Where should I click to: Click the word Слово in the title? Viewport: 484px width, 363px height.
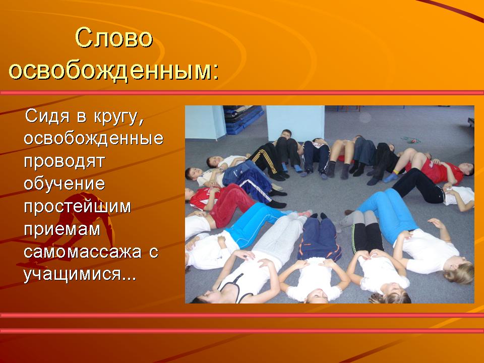coord(113,38)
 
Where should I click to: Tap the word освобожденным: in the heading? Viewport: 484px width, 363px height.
coord(113,71)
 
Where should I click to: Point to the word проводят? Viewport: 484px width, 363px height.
coord(64,162)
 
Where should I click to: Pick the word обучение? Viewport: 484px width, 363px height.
coord(64,184)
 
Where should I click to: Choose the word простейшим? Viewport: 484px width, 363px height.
coord(78,207)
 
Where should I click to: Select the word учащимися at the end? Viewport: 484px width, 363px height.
coord(73,274)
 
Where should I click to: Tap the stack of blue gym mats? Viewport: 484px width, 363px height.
coord(243,119)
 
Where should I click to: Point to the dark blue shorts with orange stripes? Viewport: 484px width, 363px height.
coord(319,238)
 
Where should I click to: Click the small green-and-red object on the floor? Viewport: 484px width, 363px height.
coord(411,140)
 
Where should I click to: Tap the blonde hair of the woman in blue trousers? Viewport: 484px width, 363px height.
coord(459,272)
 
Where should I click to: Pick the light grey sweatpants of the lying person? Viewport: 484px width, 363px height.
coord(279,237)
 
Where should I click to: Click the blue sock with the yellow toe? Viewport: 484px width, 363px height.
coord(391,178)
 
